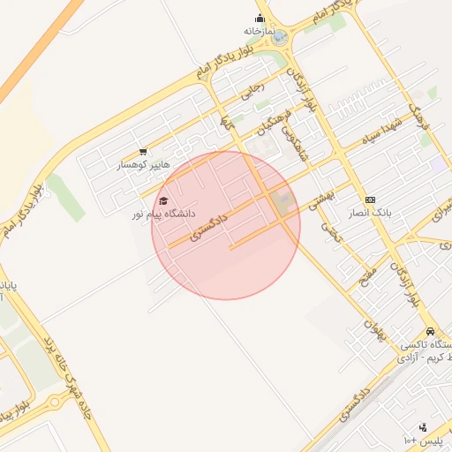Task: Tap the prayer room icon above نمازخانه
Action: coord(260,18)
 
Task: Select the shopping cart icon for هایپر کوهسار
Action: coord(143,152)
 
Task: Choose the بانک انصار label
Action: coord(369,213)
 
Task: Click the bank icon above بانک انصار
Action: coord(369,200)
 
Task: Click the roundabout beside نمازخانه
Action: coord(280,38)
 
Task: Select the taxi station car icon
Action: coord(430,331)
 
